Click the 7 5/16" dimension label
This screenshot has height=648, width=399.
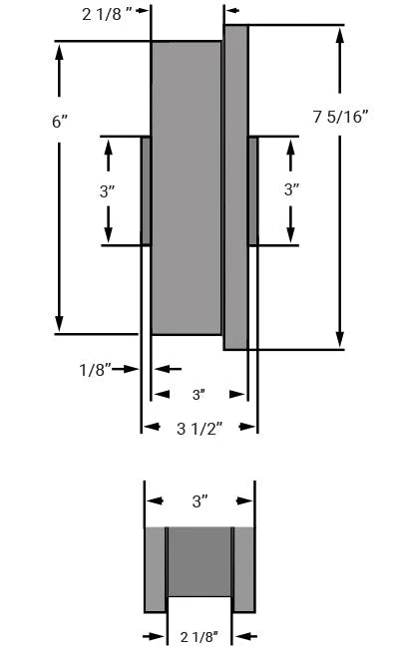click(340, 117)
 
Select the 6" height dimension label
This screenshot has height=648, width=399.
click(60, 122)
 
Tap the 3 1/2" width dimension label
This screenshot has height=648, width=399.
click(199, 429)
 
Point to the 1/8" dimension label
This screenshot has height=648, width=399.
click(95, 369)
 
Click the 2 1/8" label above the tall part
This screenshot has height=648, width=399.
click(107, 15)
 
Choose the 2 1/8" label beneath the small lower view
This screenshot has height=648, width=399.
click(199, 636)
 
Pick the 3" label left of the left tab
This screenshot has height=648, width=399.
click(107, 191)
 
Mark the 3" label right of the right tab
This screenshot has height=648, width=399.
click(291, 189)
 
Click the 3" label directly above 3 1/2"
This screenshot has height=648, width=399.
click(199, 395)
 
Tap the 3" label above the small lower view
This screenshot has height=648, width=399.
click(199, 501)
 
